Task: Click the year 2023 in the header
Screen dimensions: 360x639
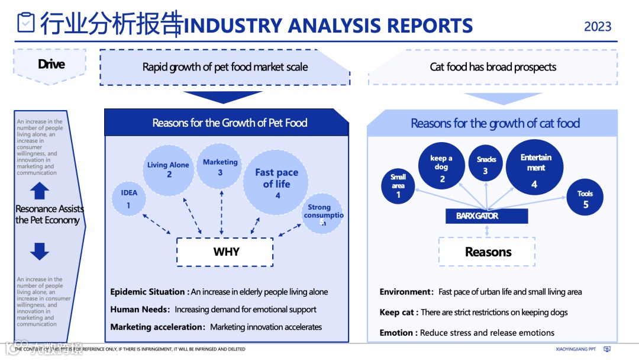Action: (x=598, y=27)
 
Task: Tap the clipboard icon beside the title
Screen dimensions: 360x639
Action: (x=26, y=22)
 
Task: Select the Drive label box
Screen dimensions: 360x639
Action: (x=51, y=64)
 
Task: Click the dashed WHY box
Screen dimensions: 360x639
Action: (x=225, y=252)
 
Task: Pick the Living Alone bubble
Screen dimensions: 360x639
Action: (x=168, y=170)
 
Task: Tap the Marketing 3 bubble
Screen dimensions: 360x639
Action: (x=220, y=166)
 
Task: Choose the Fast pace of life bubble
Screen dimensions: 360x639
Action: (x=276, y=182)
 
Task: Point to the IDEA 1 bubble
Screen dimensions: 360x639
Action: (x=128, y=198)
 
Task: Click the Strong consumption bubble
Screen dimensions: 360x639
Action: (x=322, y=214)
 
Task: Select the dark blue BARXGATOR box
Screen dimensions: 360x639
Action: (x=486, y=216)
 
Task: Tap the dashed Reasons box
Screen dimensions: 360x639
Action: (x=487, y=252)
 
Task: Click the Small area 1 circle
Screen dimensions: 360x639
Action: (x=398, y=185)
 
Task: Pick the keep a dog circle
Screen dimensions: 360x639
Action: (x=442, y=168)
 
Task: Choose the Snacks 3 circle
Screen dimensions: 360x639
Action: (x=486, y=165)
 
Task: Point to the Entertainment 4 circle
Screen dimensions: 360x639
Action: (x=535, y=168)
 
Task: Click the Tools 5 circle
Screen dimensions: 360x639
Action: (x=585, y=199)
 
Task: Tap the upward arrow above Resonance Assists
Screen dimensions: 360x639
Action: (x=40, y=191)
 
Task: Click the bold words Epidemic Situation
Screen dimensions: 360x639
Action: (x=148, y=292)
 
